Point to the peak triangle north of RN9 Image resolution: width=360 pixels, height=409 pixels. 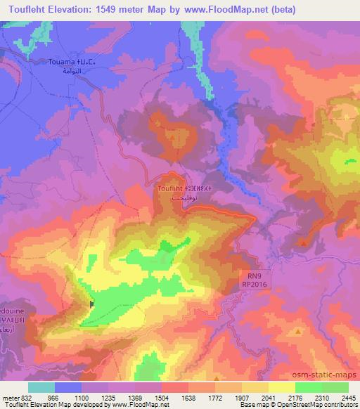(x=303, y=242)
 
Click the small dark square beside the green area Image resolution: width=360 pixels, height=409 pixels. (x=92, y=304)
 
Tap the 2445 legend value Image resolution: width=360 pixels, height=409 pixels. (x=349, y=398)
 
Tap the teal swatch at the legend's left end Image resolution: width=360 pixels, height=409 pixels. (x=42, y=387)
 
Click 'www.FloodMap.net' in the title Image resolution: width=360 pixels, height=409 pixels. (x=219, y=10)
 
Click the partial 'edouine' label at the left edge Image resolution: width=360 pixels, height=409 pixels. (x=11, y=309)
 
